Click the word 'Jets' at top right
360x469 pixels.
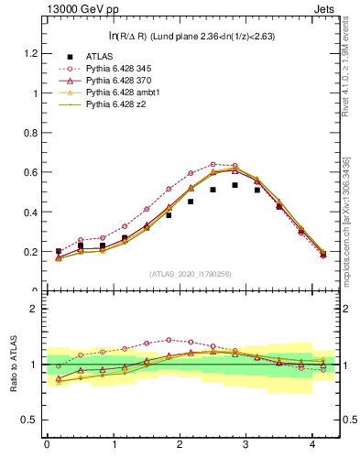[325, 10]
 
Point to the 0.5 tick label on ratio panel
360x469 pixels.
[31, 420]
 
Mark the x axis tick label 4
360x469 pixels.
[313, 445]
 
